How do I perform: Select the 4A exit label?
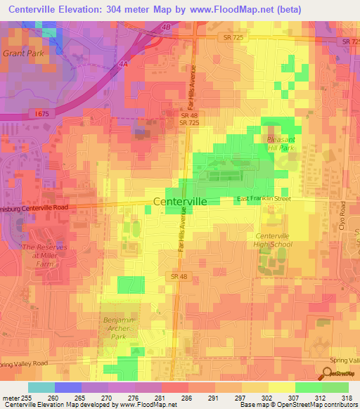click(x=123, y=63)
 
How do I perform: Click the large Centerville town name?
click(x=180, y=201)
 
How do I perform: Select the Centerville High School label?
click(x=273, y=240)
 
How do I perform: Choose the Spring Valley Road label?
click(x=345, y=361)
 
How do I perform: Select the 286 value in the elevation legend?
click(x=186, y=398)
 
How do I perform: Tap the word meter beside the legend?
click(x=10, y=398)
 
